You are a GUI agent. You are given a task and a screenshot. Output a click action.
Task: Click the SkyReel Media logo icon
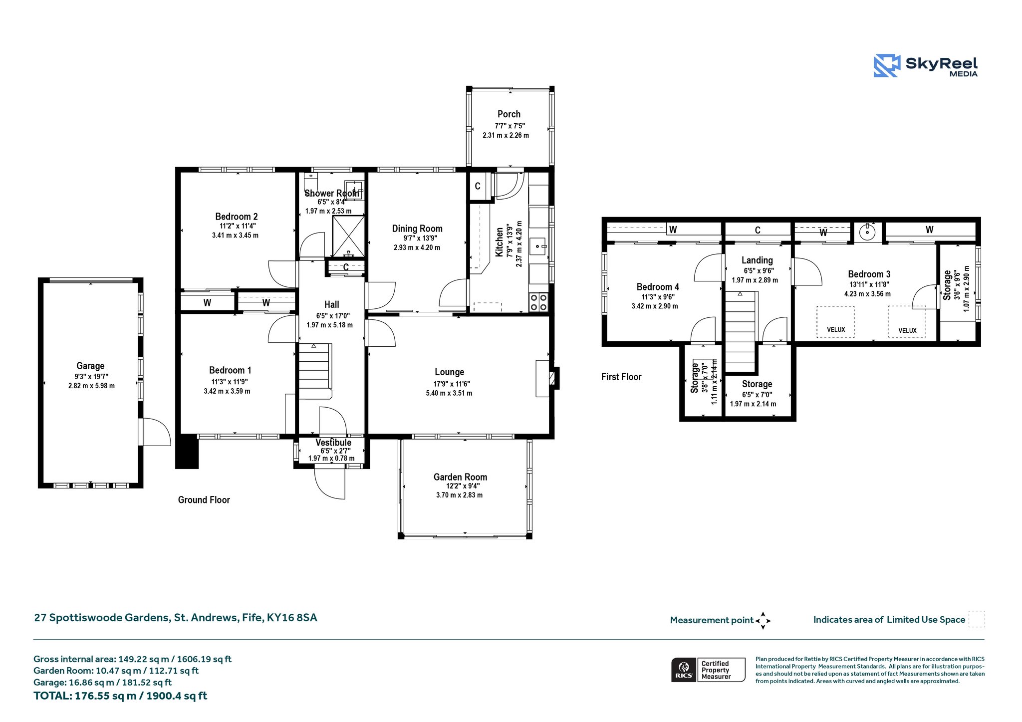tap(886, 66)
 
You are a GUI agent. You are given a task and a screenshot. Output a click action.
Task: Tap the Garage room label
tap(90, 366)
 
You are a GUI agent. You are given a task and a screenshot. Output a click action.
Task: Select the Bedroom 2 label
tap(237, 217)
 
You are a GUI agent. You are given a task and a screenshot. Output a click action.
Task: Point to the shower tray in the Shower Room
tap(349, 237)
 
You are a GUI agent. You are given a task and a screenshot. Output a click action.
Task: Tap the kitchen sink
tap(539, 246)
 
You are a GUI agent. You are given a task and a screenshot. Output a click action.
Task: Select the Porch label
tap(509, 114)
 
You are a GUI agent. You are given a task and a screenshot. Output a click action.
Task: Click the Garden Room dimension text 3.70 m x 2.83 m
tap(459, 495)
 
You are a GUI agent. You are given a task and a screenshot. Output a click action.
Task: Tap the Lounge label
tap(450, 372)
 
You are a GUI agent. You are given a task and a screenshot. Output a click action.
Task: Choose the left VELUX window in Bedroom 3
tap(835, 322)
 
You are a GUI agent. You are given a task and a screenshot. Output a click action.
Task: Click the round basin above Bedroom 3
tap(868, 232)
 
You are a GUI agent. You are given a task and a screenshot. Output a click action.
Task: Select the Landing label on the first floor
tap(757, 260)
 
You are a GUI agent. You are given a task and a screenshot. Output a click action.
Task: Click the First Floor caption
tap(621, 377)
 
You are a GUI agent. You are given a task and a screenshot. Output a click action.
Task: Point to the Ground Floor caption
tap(204, 500)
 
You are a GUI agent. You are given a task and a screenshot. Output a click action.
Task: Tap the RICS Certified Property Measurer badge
tap(708, 670)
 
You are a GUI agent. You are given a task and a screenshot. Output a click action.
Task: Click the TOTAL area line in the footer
tap(120, 696)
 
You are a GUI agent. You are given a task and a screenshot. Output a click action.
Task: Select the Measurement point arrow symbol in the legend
tap(763, 621)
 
